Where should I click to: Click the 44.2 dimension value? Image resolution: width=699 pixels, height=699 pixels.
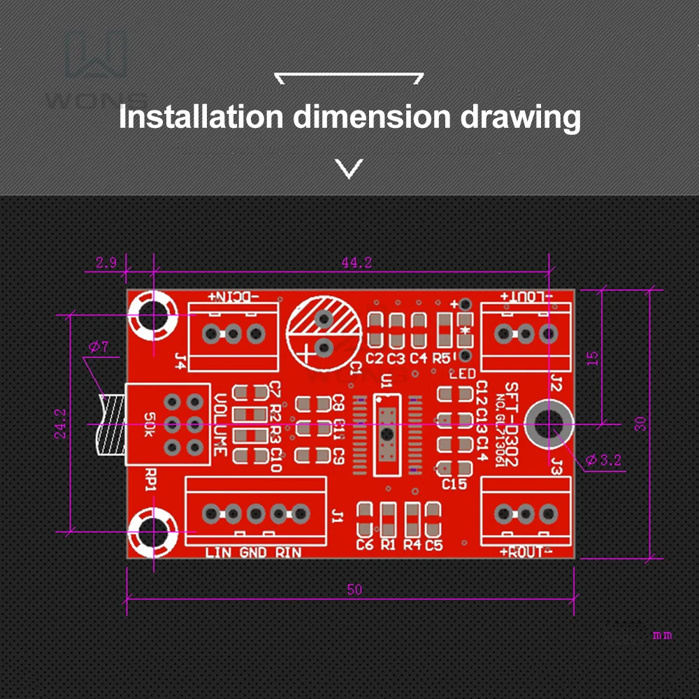click(356, 263)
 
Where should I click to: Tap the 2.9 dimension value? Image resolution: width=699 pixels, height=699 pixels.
click(106, 263)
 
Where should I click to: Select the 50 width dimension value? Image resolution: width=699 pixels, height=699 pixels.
click(354, 589)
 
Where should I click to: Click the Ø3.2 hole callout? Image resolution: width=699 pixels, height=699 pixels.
click(603, 460)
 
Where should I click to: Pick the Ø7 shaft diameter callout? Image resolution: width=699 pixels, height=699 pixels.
click(99, 347)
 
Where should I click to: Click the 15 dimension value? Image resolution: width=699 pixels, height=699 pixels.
click(592, 358)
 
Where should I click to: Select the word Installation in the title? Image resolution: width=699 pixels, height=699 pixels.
click(201, 117)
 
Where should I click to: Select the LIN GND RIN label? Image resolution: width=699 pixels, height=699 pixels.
click(254, 553)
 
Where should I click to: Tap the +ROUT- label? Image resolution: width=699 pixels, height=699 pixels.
click(526, 552)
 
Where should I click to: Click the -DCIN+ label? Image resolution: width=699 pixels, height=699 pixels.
click(233, 297)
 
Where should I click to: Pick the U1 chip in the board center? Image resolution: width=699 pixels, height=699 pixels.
click(386, 433)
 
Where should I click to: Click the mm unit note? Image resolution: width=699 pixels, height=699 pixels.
click(662, 635)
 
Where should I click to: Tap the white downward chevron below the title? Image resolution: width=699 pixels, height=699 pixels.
click(349, 168)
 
